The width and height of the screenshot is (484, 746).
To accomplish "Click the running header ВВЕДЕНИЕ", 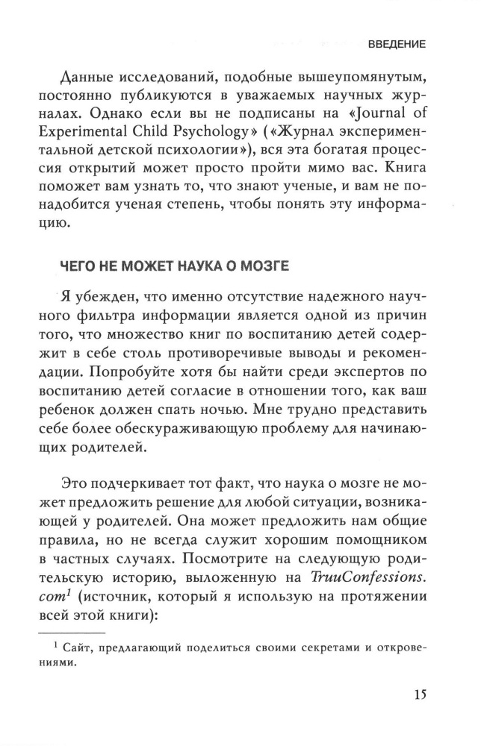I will (x=397, y=45).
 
